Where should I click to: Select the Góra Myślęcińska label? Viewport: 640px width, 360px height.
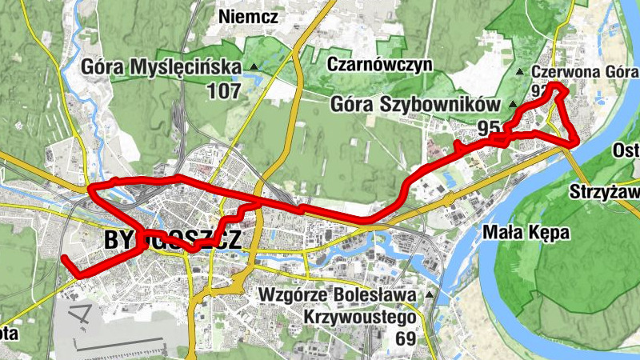(161, 66)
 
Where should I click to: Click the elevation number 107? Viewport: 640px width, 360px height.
(223, 91)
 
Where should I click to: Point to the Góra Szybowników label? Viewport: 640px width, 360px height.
(414, 104)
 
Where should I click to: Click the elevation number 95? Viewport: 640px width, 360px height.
(489, 127)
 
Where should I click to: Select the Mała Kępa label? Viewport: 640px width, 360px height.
(526, 234)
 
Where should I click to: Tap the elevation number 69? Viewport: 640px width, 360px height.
(406, 338)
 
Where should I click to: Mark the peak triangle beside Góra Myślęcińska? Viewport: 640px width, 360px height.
(254, 66)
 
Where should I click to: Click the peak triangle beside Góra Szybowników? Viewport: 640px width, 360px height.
(512, 104)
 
